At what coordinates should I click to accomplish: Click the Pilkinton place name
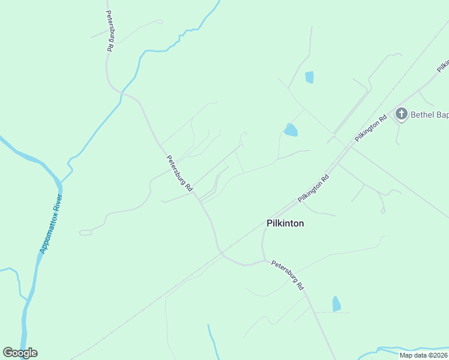(x=285, y=223)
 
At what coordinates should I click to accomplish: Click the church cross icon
(x=401, y=113)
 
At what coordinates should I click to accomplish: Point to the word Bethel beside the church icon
(x=422, y=114)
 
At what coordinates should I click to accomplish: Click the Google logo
(x=20, y=353)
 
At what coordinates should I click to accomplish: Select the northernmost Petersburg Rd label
(x=110, y=30)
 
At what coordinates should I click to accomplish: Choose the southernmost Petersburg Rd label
(x=288, y=275)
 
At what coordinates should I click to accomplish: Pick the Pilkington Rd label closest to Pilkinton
(x=314, y=187)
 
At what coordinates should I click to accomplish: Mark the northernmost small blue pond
(x=309, y=77)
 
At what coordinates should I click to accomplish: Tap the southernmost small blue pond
(x=336, y=304)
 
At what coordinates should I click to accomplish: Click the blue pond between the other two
(x=291, y=130)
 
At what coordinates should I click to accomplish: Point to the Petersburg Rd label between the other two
(x=179, y=173)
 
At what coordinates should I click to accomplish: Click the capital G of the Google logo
(x=8, y=353)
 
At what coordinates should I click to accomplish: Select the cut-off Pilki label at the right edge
(x=443, y=64)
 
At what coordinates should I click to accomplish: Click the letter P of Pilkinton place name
(x=269, y=223)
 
